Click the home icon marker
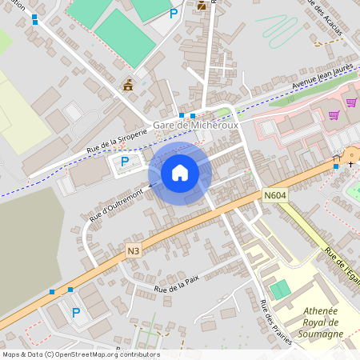pyautogui.click(x=180, y=174)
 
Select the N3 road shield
pyautogui.click(x=134, y=251)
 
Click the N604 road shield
pyautogui.click(x=274, y=195)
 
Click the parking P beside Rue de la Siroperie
pyautogui.click(x=124, y=162)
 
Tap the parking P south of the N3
pyautogui.click(x=76, y=313)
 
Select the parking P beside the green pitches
pyautogui.click(x=174, y=13)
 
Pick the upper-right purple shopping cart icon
pyautogui.click(x=351, y=102)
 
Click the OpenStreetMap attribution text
pyautogui.click(x=81, y=354)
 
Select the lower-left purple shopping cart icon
pyautogui.click(x=333, y=115)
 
